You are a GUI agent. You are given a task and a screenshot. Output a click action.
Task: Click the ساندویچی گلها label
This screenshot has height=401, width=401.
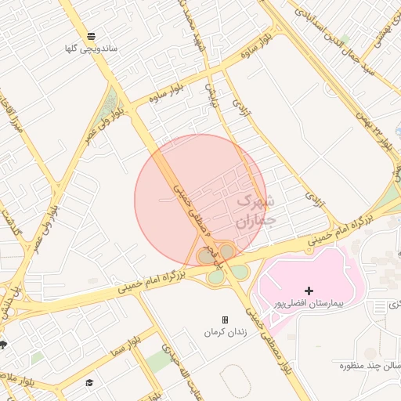tap(92, 49)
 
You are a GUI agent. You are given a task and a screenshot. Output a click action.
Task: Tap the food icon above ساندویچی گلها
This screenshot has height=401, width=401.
tap(92, 36)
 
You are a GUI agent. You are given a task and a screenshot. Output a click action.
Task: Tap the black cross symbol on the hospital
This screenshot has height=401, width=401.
tap(309, 291)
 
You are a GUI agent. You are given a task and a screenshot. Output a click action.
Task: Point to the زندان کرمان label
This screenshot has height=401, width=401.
tap(225, 332)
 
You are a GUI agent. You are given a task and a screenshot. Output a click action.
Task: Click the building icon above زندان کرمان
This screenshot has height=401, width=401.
tap(226, 320)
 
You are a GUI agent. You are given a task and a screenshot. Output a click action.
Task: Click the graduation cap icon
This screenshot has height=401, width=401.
tap(89, 383)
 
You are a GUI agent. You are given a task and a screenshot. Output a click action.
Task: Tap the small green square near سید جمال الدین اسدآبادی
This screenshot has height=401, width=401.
tap(345, 38)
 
